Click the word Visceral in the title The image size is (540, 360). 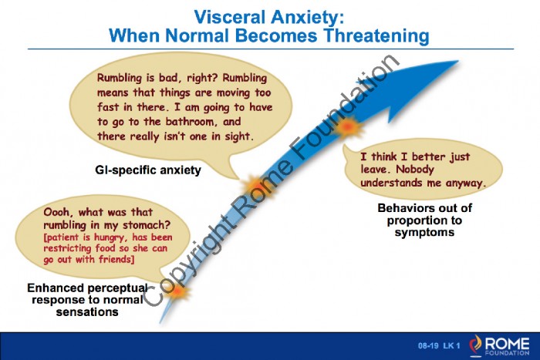pyautogui.click(x=230, y=17)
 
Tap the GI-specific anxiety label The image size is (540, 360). pyautogui.click(x=148, y=170)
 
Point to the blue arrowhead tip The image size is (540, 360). pyautogui.click(x=458, y=61)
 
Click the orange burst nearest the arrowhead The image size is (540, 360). pyautogui.click(x=348, y=127)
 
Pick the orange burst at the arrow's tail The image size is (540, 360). pyautogui.click(x=177, y=291)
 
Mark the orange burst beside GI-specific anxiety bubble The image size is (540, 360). pyautogui.click(x=255, y=186)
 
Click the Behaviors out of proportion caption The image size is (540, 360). pyautogui.click(x=424, y=220)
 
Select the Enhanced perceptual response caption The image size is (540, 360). pyautogui.click(x=87, y=300)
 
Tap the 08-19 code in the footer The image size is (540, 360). pyautogui.click(x=428, y=345)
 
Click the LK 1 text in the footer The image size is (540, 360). pyautogui.click(x=451, y=345)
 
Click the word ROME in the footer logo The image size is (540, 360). pyautogui.click(x=508, y=343)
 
